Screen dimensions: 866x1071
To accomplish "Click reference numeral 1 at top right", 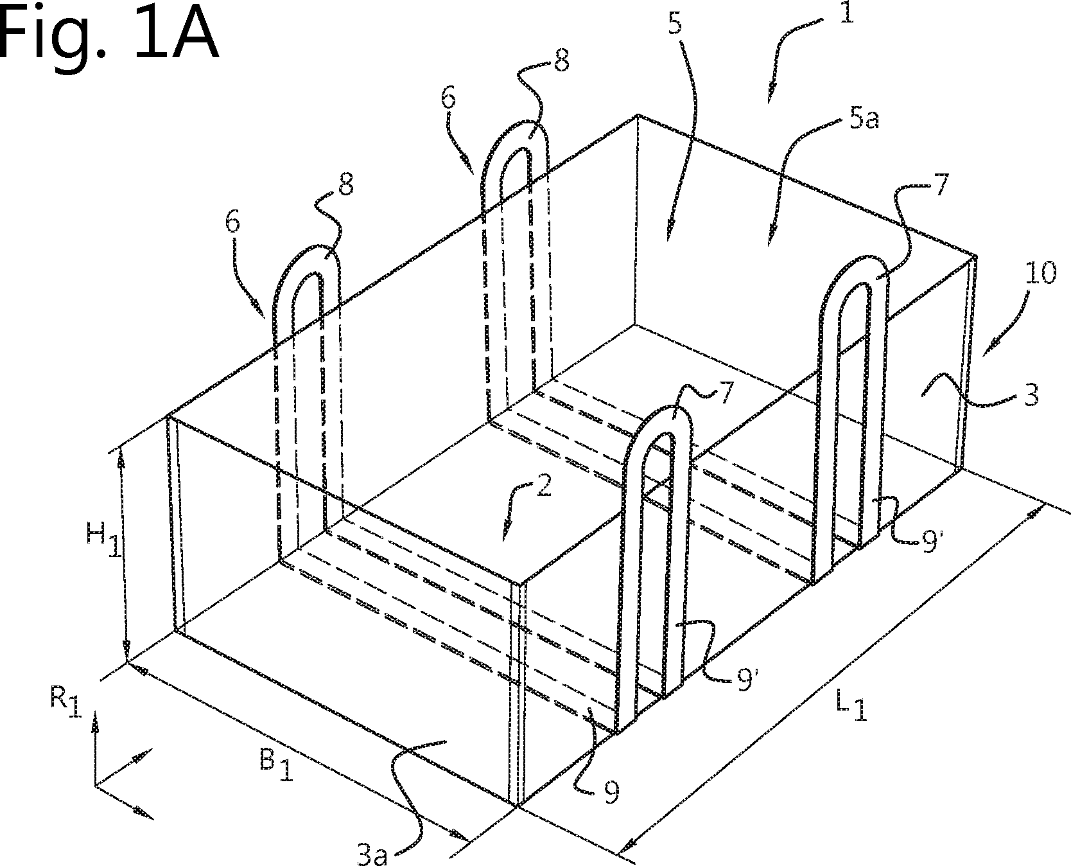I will (846, 14).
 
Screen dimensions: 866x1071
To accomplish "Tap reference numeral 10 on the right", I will (1037, 274).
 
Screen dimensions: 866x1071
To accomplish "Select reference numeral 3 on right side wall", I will (1030, 396).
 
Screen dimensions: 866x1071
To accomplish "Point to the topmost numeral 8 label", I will (561, 65).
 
